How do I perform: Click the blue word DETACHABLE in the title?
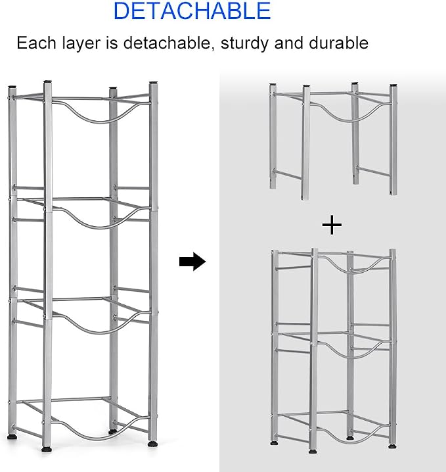192,11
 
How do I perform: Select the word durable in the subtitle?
338,43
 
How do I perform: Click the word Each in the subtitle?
36,43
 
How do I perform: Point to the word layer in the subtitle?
81,43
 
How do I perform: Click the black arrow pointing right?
192,261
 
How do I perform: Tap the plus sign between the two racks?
332,225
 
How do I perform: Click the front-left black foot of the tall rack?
47,450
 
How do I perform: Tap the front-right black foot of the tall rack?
153,444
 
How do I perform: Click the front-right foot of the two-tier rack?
392,446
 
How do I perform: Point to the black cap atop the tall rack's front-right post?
154,82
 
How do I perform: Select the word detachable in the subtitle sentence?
167,43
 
